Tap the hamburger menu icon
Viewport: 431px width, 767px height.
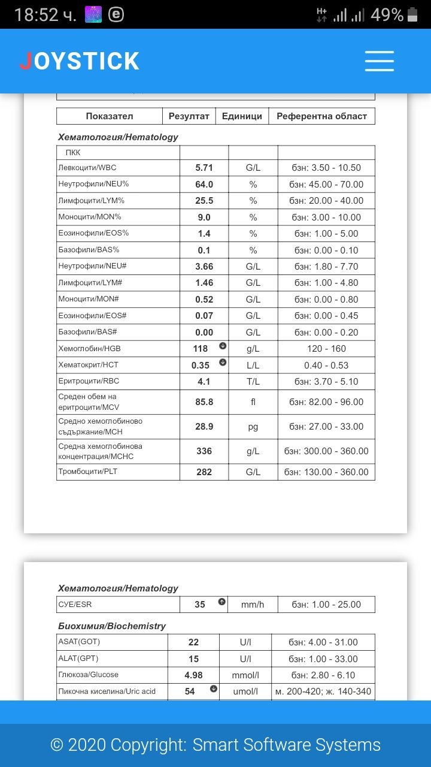point(379,61)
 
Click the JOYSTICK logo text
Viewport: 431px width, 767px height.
point(80,61)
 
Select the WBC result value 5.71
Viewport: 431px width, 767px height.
point(204,168)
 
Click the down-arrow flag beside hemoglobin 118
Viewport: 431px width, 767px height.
point(223,346)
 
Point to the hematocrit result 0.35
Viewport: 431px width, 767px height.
point(201,365)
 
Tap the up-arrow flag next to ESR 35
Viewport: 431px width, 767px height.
point(222,602)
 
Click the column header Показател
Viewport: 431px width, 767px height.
point(110,116)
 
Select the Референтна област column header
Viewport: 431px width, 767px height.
point(321,116)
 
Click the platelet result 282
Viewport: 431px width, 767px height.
point(204,472)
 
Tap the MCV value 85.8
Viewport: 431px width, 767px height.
point(204,402)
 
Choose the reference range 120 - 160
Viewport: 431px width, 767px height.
point(326,349)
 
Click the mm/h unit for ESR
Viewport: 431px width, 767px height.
point(253,605)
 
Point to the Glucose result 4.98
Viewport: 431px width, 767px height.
point(193,675)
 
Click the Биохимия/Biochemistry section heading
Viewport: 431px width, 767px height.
point(112,626)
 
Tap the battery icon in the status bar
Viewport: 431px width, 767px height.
point(412,14)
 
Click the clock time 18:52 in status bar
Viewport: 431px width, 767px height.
point(45,14)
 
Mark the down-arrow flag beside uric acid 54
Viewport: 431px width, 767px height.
point(214,689)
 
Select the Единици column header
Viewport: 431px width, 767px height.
point(242,116)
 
